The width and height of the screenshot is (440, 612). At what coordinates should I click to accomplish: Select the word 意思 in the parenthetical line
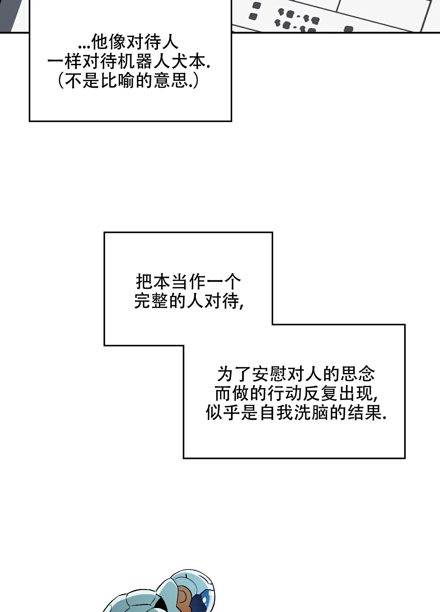click(171, 80)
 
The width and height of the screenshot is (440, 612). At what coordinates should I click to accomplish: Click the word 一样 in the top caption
click(64, 62)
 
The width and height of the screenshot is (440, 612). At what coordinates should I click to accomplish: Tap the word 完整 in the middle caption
click(152, 301)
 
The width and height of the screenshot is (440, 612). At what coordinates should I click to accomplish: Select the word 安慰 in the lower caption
click(270, 374)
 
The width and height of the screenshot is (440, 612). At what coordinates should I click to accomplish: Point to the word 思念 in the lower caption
click(358, 374)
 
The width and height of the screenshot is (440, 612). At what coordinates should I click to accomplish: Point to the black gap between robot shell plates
click(159, 604)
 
